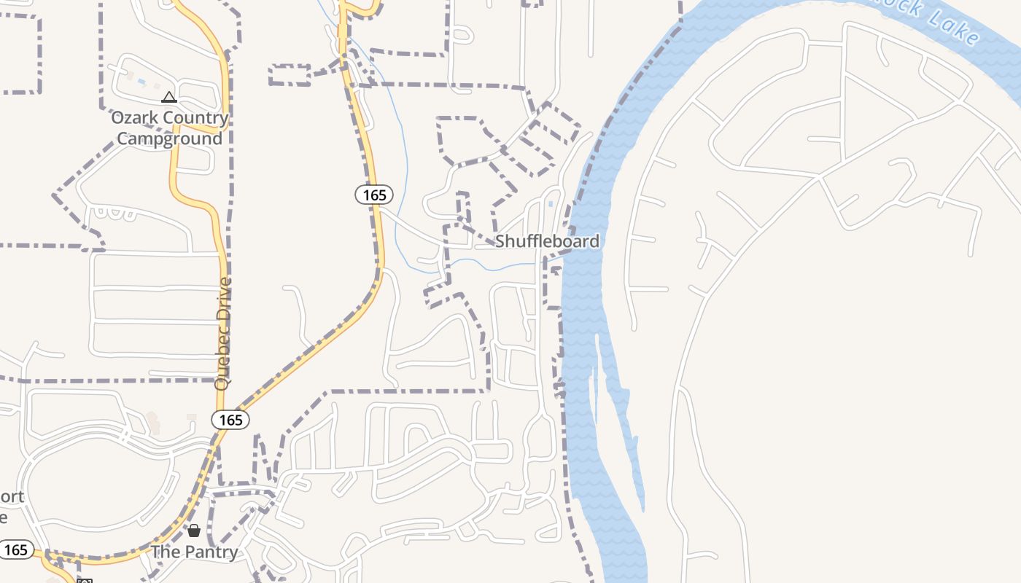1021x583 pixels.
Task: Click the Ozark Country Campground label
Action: pos(169,128)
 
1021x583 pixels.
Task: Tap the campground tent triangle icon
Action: pos(169,97)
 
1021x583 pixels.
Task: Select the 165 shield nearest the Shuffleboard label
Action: pos(374,195)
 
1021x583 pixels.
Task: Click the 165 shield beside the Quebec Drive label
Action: pos(230,420)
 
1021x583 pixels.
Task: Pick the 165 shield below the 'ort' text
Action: pos(16,549)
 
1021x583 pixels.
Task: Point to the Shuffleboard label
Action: pos(547,241)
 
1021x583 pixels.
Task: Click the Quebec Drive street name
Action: pos(224,333)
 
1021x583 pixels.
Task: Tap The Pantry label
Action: pos(194,552)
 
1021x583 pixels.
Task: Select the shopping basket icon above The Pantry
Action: pos(194,530)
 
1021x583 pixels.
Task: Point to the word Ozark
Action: pos(135,118)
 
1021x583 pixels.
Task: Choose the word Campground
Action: pos(169,138)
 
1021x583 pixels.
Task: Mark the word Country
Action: pos(195,118)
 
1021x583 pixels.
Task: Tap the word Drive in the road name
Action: pos(224,297)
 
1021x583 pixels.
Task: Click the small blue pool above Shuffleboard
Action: pos(550,204)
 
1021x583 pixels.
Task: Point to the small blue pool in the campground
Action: pos(141,82)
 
